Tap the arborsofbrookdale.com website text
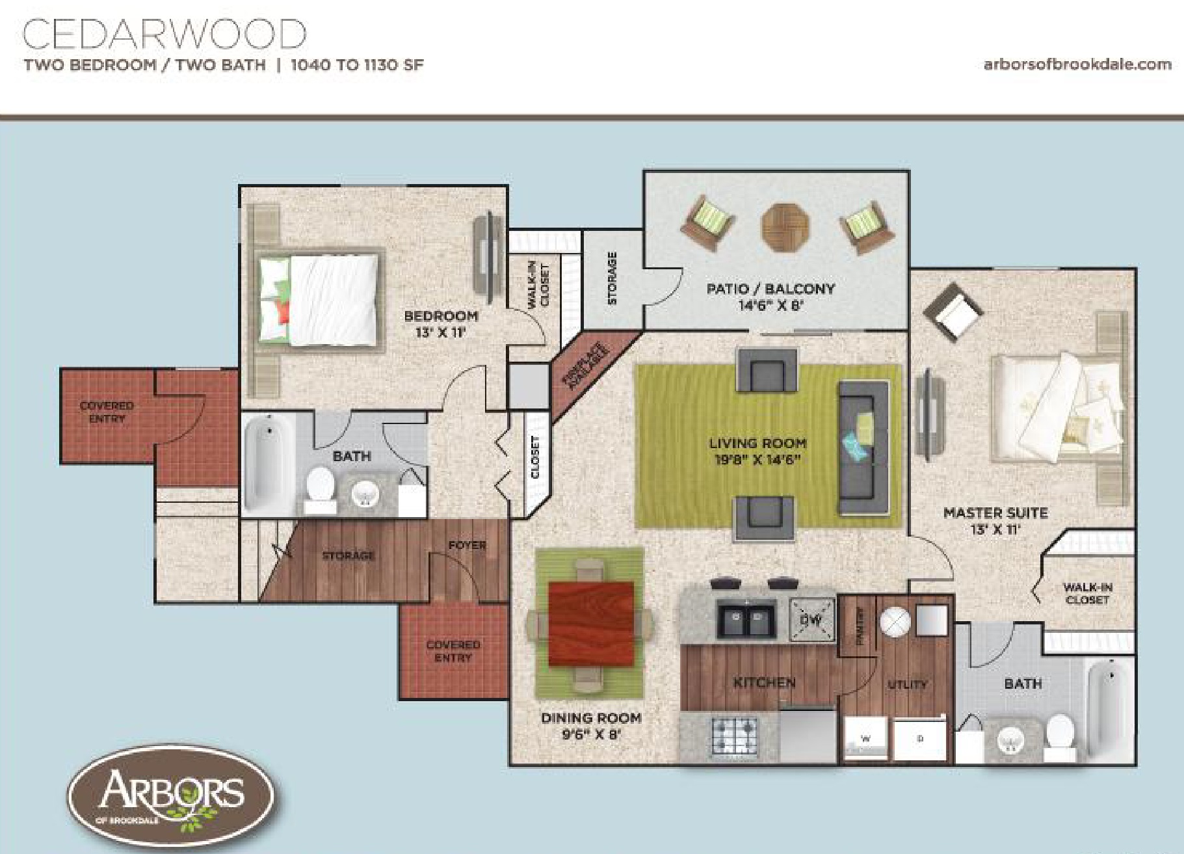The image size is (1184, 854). point(1077,64)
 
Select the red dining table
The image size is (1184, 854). point(591,624)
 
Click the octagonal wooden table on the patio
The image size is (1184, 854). point(786,228)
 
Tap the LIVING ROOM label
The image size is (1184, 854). point(757,444)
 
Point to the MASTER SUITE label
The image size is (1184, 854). point(995,513)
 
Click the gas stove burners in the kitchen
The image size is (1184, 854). point(735,735)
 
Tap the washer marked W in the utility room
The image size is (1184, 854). point(865,739)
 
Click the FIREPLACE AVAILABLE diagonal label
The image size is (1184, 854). point(587,369)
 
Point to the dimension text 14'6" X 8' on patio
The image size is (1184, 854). point(771,305)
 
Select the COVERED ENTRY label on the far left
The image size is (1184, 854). point(107,412)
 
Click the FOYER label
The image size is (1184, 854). point(467,545)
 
